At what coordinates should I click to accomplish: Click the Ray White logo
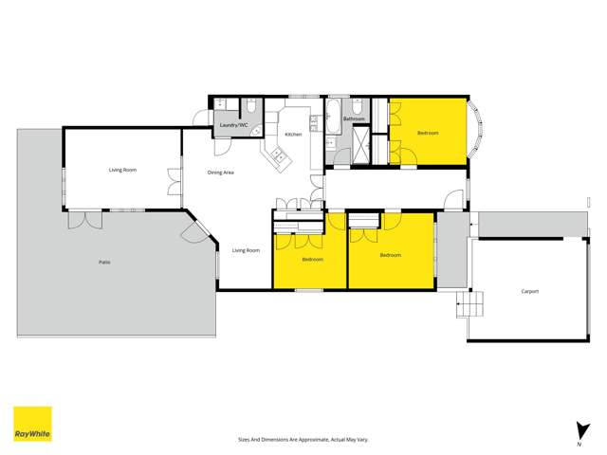point(32,424)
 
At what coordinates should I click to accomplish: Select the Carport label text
point(529,291)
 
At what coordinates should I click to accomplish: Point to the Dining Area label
point(221,173)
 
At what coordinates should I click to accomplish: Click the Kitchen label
point(293,135)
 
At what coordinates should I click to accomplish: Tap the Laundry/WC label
point(233,125)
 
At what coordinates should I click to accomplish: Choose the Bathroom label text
point(354,118)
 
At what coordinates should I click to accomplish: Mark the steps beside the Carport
point(469,305)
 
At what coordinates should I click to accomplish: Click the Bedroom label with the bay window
point(429,133)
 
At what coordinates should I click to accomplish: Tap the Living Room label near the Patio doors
point(122,170)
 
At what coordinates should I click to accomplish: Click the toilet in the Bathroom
point(354,109)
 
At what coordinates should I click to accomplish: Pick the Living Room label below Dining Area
point(247,250)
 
